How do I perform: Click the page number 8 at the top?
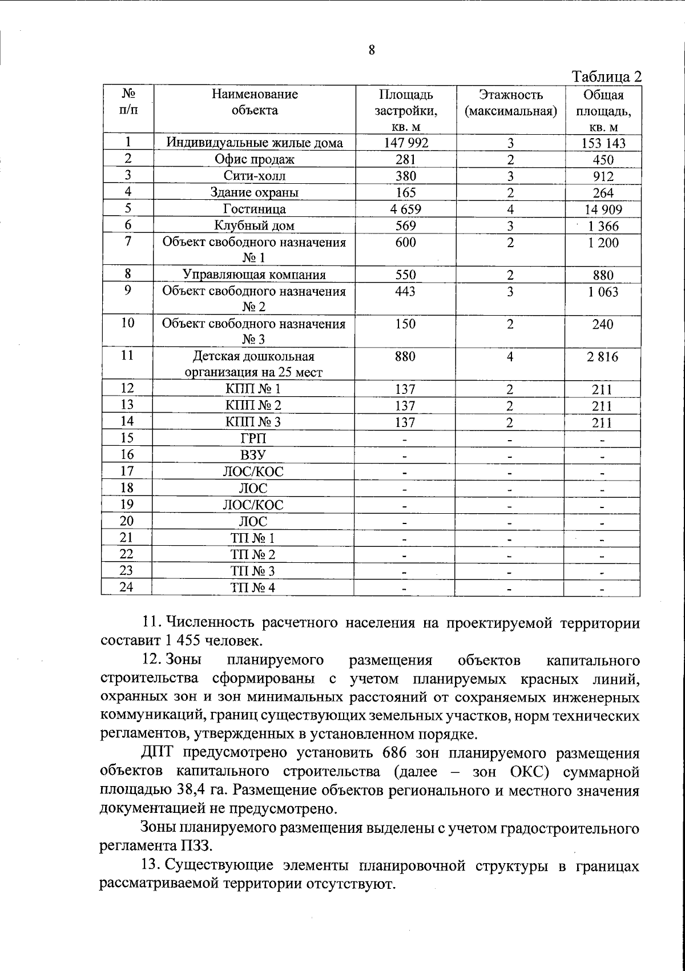[372, 50]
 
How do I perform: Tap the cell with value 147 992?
[405, 143]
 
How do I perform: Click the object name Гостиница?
[255, 209]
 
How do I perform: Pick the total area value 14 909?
[603, 210]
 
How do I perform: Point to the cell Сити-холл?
[255, 176]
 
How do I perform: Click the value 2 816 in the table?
[603, 357]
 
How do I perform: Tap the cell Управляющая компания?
[255, 275]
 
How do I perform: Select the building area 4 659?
[405, 209]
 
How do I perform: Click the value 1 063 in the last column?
[603, 292]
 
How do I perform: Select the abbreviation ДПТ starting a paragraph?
[159, 754]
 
